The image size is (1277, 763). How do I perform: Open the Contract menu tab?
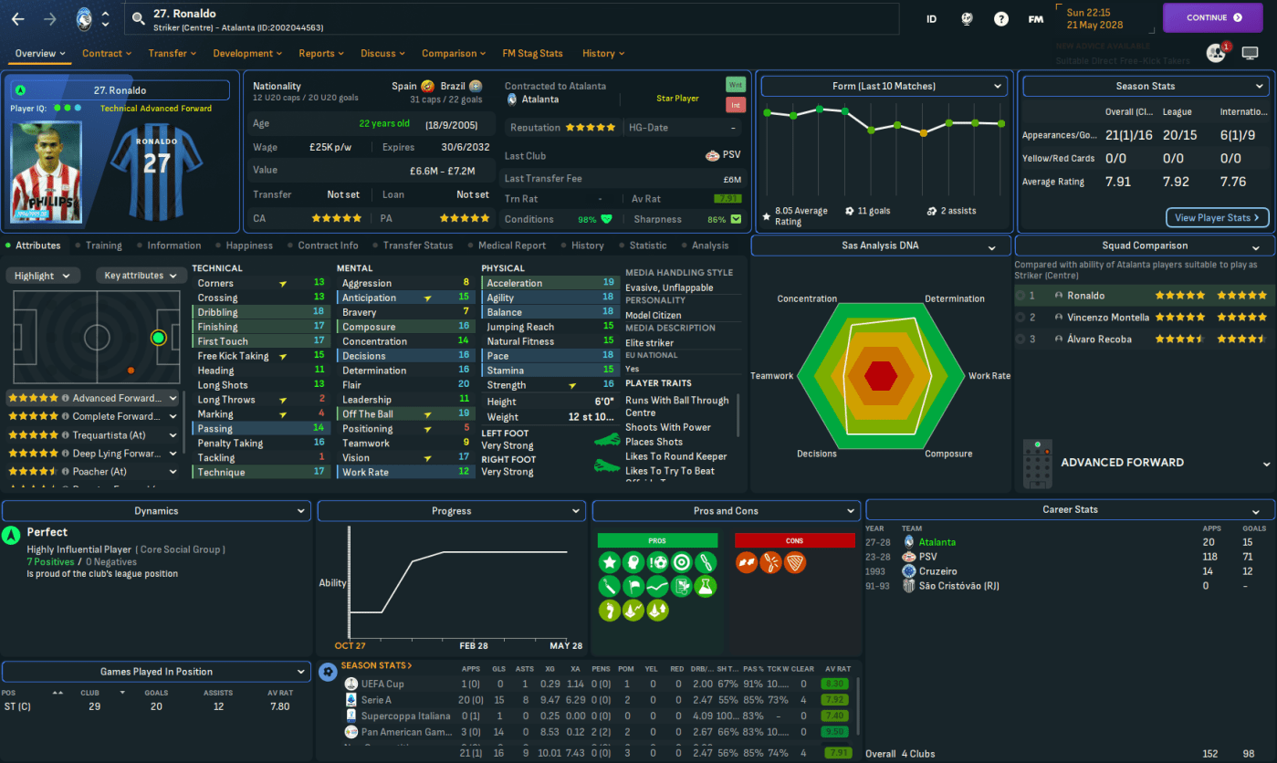coord(106,53)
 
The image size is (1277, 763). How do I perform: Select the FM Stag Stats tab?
coord(532,53)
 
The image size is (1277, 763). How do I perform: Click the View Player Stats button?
coord(1217,217)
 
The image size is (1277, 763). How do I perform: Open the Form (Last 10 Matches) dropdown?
coord(884,86)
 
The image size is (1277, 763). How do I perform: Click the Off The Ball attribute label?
coord(368,414)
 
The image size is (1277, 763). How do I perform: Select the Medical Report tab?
coord(511,246)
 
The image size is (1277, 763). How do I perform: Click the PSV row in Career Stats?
coord(927,557)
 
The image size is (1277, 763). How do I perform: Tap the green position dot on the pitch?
coord(159,338)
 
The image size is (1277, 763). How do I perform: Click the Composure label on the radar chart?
coord(948,454)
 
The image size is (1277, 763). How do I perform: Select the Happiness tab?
coord(249,246)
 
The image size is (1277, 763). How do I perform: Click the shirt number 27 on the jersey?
coord(156,162)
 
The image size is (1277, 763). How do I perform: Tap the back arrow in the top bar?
coord(18,18)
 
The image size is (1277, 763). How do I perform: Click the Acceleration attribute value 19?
coord(608,283)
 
